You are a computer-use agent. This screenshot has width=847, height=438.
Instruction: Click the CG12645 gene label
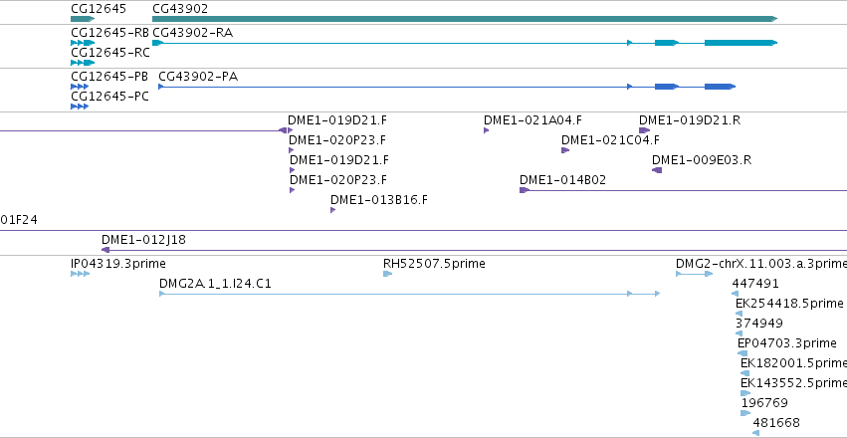tap(99, 9)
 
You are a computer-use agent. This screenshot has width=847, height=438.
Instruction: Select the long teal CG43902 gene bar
tap(465, 19)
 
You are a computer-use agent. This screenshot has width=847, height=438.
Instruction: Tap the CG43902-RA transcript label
tap(193, 33)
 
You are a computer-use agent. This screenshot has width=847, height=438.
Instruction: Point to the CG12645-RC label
tap(110, 53)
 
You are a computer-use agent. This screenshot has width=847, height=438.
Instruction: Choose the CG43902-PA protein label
tap(198, 77)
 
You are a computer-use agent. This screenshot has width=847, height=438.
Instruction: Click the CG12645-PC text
tap(109, 98)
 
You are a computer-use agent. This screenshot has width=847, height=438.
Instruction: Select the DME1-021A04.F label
tap(532, 119)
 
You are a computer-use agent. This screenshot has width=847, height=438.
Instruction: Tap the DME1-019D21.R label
tap(690, 119)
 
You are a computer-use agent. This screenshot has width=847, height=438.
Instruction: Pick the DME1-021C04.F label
tap(610, 140)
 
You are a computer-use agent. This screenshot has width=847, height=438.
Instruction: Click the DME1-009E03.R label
tap(701, 160)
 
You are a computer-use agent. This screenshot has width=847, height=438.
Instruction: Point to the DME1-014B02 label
tap(563, 180)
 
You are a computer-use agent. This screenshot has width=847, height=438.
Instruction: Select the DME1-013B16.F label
tap(379, 200)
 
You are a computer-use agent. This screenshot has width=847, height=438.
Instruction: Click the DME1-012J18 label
tap(143, 239)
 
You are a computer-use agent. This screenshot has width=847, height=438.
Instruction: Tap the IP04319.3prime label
tap(118, 264)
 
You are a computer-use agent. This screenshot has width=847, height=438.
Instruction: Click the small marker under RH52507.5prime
tap(387, 274)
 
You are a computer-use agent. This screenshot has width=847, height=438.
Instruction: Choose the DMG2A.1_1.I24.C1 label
tap(215, 284)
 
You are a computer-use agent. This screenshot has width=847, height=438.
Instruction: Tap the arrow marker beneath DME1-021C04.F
tap(565, 150)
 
